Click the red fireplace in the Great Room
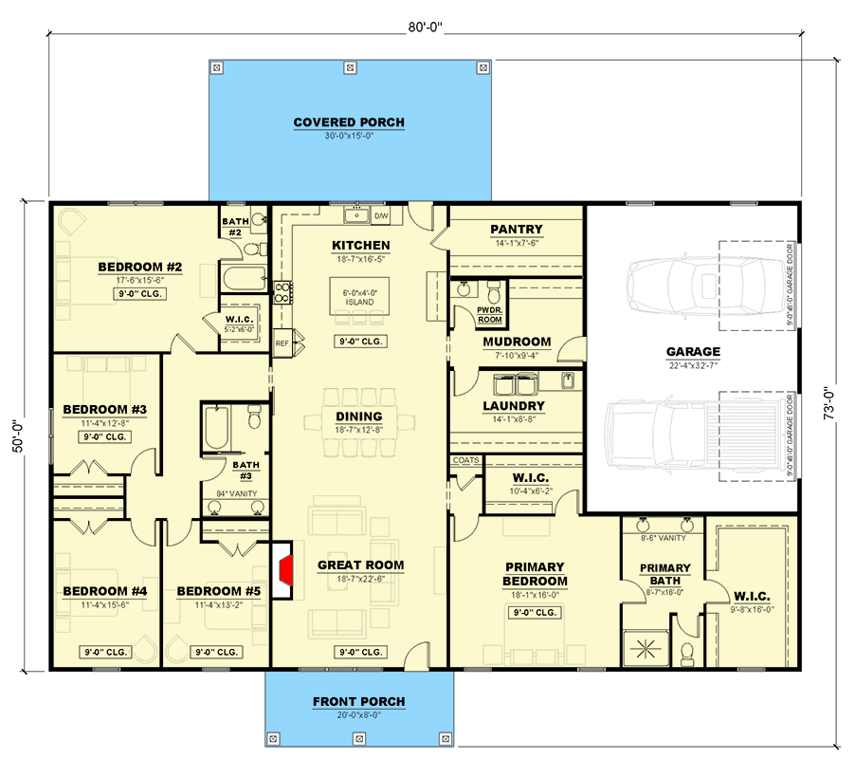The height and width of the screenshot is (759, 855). [284, 571]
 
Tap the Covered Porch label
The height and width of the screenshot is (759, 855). [349, 122]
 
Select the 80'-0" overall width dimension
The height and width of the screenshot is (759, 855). [426, 28]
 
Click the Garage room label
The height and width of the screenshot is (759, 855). [692, 352]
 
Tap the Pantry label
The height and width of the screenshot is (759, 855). [517, 229]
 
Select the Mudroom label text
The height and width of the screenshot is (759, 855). [517, 342]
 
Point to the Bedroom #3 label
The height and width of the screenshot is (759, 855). [104, 410]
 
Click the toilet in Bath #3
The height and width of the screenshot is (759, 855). [253, 418]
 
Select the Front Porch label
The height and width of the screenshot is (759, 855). [358, 702]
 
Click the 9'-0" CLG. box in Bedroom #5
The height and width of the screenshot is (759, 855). [215, 652]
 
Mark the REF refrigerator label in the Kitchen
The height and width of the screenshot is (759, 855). [282, 342]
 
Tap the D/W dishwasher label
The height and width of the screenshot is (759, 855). [382, 217]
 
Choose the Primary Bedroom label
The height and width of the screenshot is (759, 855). [535, 574]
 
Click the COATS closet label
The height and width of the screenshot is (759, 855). [466, 460]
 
